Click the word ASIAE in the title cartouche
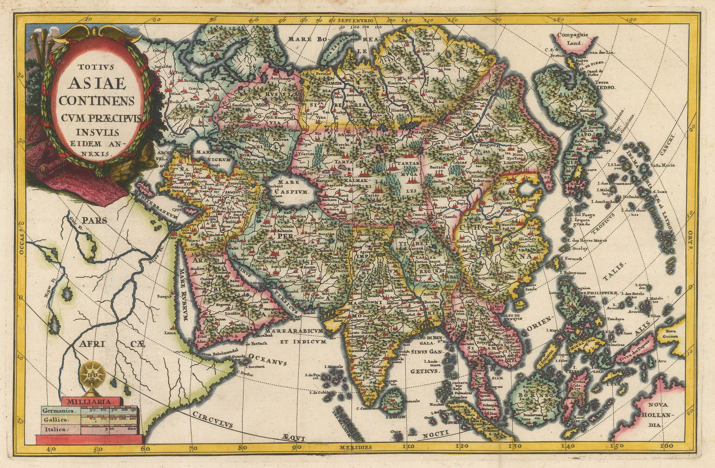click(97, 83)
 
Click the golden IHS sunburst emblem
click(92, 375)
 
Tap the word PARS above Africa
click(94, 220)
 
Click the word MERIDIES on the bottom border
click(355, 447)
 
